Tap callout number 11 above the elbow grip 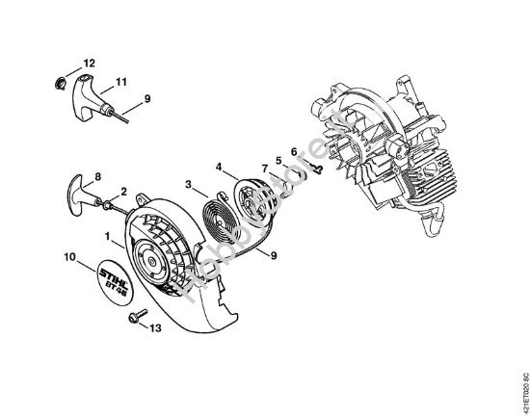click(122, 80)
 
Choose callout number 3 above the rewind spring click(190, 183)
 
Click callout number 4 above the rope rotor click(220, 165)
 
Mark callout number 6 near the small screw click(293, 152)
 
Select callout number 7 click(263, 169)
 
